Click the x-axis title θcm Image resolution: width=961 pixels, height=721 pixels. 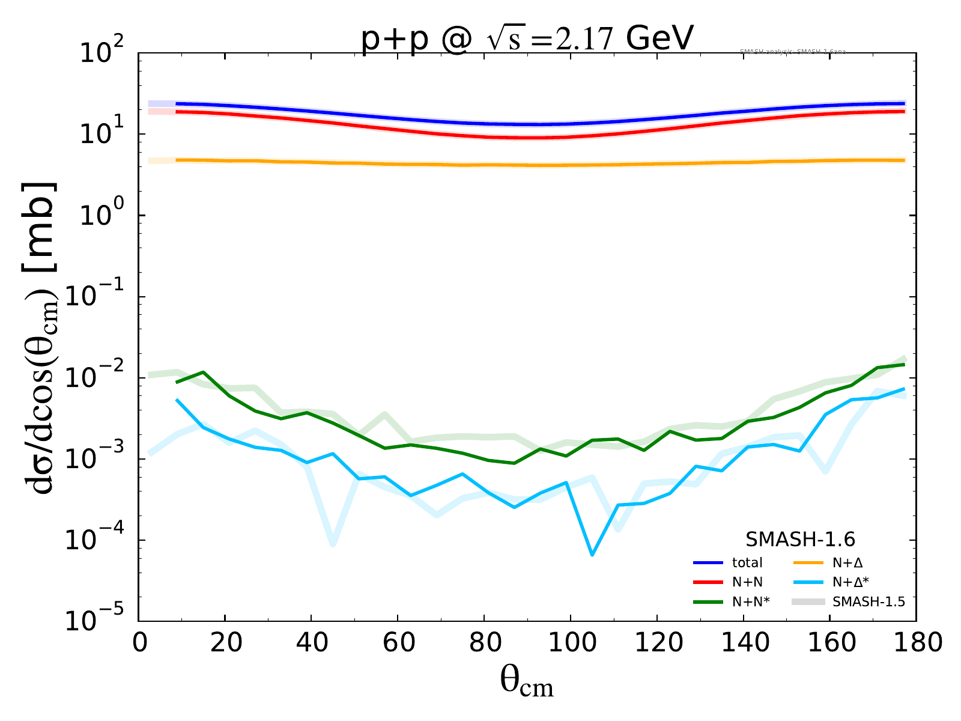tap(526, 682)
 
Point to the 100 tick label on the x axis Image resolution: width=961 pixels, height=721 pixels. tap(569, 643)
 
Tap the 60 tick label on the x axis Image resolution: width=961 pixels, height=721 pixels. tap(398, 643)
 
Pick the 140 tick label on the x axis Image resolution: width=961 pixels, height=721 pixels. tap(743, 643)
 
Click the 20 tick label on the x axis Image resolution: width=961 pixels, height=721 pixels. tap(225, 643)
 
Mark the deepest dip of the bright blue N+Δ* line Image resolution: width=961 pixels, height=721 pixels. tap(592, 555)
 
